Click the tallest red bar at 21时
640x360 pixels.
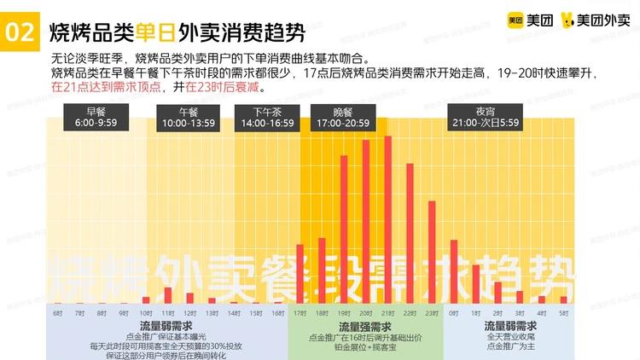pos(388,219)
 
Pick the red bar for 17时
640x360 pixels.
pos(300,274)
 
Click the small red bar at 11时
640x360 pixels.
pos(167,295)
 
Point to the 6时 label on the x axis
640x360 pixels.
pos(57,313)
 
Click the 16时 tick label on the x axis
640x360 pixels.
pos(278,313)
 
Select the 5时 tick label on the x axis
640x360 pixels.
pos(563,313)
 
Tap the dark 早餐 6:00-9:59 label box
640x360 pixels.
pos(94,117)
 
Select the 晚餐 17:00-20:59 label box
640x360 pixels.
pos(341,117)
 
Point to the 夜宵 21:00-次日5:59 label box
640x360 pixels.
pos(486,117)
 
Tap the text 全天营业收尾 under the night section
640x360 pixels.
pos(510,337)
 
